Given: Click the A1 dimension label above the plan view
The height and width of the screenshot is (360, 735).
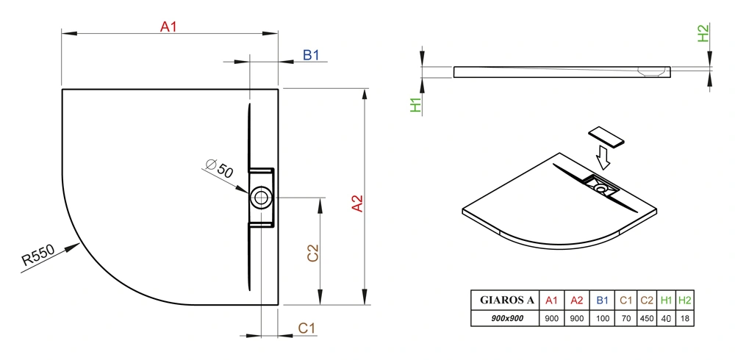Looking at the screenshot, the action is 168,26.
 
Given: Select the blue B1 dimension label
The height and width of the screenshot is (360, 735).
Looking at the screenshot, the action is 311,55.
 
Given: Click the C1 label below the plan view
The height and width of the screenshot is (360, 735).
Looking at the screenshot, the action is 307,328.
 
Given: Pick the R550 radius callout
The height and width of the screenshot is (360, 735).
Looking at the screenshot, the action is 38,256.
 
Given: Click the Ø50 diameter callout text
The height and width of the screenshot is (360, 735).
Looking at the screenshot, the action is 219,168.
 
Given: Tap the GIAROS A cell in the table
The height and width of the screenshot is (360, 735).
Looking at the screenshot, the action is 506,300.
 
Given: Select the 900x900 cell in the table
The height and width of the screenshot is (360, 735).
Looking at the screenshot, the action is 506,318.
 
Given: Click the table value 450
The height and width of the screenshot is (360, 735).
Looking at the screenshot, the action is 646,319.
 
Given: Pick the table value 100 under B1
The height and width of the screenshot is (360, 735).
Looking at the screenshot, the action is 603,319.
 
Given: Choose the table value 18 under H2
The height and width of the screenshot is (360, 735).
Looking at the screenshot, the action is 685,319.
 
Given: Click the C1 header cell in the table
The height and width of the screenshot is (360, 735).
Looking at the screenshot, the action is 626,300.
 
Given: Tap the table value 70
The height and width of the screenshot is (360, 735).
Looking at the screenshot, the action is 626,319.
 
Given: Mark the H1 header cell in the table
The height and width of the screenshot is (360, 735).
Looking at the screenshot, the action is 666,300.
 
